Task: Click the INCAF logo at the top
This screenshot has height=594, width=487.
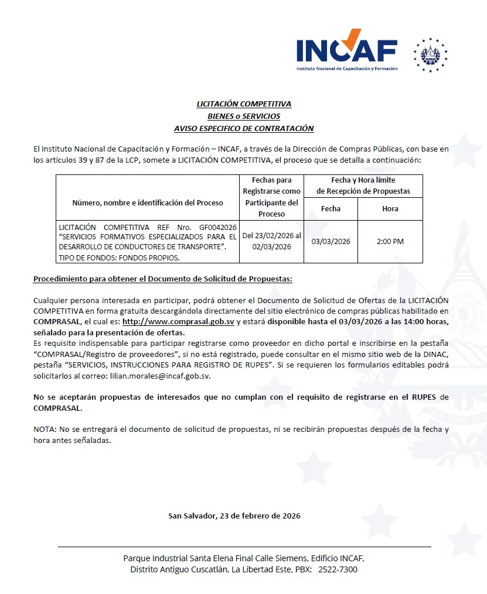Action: click(x=346, y=50)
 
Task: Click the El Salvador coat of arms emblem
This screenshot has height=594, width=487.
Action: click(x=430, y=55)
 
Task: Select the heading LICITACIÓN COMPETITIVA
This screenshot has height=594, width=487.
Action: click(x=244, y=104)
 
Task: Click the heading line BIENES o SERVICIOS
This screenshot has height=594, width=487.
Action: click(x=244, y=116)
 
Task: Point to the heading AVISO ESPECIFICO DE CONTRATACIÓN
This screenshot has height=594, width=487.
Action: click(x=244, y=128)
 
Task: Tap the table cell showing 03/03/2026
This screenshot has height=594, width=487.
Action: click(x=331, y=242)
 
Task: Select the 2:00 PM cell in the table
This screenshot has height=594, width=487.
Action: click(x=390, y=242)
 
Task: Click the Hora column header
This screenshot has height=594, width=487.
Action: click(x=390, y=208)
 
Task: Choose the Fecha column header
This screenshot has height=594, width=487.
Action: click(x=331, y=208)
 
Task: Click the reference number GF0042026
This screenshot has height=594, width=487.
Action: click(x=218, y=226)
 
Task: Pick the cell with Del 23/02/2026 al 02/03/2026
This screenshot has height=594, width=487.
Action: click(x=271, y=241)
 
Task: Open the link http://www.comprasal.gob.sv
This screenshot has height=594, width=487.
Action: click(x=178, y=322)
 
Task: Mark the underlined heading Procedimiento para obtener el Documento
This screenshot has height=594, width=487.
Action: click(x=162, y=279)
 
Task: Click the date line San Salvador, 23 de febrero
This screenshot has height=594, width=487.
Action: click(x=234, y=516)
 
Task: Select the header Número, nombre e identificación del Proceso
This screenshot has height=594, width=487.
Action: click(x=148, y=202)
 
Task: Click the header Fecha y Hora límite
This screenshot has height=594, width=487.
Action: click(x=363, y=180)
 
